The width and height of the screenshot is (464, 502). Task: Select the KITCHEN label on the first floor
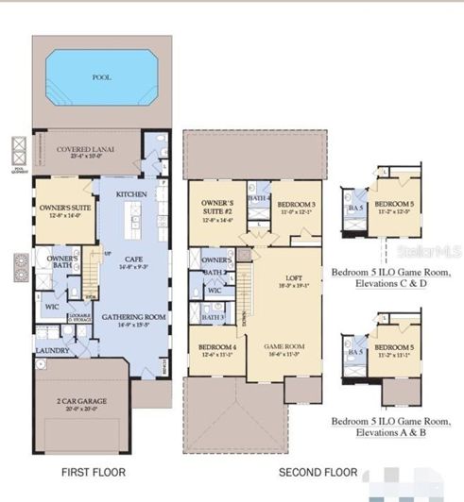(x=132, y=193)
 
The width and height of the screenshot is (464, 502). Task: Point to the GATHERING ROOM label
(x=134, y=317)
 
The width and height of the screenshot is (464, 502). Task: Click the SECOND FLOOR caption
(x=318, y=472)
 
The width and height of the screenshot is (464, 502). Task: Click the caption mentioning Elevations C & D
(x=391, y=276)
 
